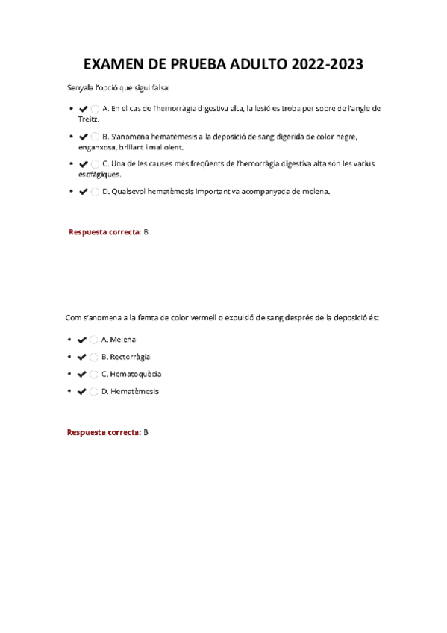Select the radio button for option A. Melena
pyautogui.click(x=94, y=340)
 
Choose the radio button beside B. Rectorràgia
pyautogui.click(x=94, y=357)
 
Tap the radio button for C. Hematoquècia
pyautogui.click(x=94, y=374)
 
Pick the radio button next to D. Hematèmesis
pyautogui.click(x=94, y=391)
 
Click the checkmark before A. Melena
pyautogui.click(x=82, y=340)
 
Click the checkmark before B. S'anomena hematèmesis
pyautogui.click(x=82, y=137)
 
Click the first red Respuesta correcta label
pyautogui.click(x=104, y=232)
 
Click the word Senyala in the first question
pyautogui.click(x=81, y=88)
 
